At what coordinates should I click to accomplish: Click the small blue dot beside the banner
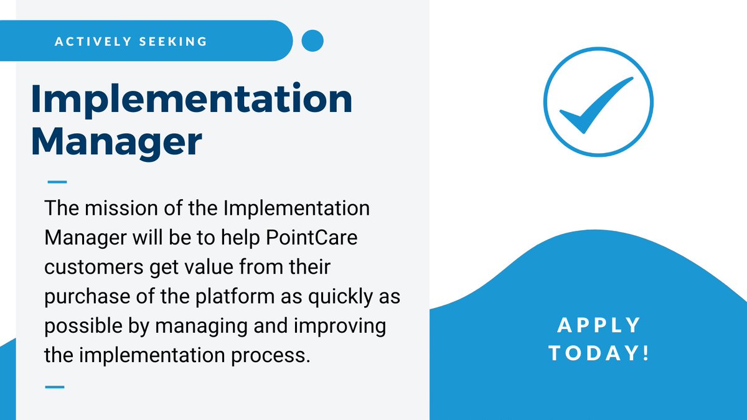[x=312, y=41]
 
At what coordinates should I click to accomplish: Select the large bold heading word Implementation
[x=192, y=100]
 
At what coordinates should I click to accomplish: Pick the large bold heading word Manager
[x=116, y=142]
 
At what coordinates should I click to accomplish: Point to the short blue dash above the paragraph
[x=57, y=182]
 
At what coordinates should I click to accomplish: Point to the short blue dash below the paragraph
[x=55, y=386]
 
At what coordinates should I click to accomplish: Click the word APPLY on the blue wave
[x=598, y=325]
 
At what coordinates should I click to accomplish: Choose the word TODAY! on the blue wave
[x=598, y=352]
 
